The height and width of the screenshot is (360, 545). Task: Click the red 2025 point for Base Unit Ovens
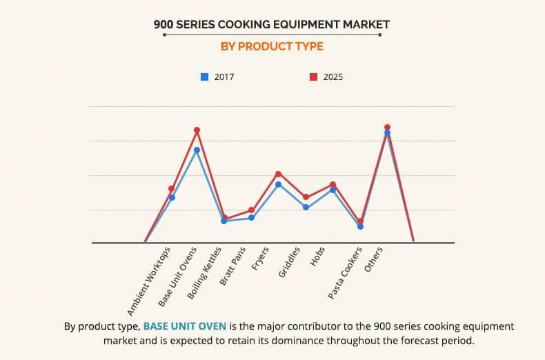[197, 130]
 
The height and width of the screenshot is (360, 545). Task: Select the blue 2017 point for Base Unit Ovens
[197, 150]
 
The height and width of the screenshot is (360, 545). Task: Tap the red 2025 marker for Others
[387, 127]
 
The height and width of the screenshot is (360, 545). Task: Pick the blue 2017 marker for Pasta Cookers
[360, 226]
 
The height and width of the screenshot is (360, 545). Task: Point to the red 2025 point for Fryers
[278, 174]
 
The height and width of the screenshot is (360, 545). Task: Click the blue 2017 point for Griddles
[306, 207]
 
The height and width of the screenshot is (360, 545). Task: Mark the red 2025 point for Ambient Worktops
[172, 188]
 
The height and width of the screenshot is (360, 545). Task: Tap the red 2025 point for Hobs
[333, 184]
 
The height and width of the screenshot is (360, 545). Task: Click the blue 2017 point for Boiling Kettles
[224, 221]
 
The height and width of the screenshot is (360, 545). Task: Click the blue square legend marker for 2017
[204, 77]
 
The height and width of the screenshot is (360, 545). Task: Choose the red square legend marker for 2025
[313, 77]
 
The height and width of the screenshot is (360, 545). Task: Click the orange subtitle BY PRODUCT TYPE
[272, 47]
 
